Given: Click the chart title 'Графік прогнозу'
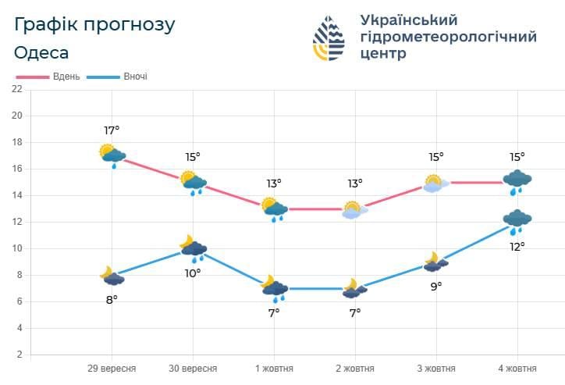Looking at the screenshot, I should coord(94,24).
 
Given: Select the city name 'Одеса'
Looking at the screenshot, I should coord(41,53).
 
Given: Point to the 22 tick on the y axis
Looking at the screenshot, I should coord(16,89).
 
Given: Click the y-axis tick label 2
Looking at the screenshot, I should coord(19,355).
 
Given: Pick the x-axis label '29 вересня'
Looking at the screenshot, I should coord(112,369).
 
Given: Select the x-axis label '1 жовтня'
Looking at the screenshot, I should coord(274,369).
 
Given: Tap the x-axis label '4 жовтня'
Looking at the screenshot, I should coord(517,369).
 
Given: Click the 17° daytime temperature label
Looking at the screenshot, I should coord(112,130).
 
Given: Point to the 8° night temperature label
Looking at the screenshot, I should coord(112,299).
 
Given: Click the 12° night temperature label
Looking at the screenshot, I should coord(517,246).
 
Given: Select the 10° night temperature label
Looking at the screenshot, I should coord(193,273).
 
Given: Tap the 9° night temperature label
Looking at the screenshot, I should coord(435,286).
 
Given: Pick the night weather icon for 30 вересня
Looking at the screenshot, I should coord(193,248).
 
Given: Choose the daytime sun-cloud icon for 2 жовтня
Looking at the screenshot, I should coord(355,209).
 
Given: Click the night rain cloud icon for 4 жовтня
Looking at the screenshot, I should coord(516,221).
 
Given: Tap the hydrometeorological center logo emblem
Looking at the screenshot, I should coord(331,39).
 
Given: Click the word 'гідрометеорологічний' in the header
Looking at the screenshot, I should coord(449,37).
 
